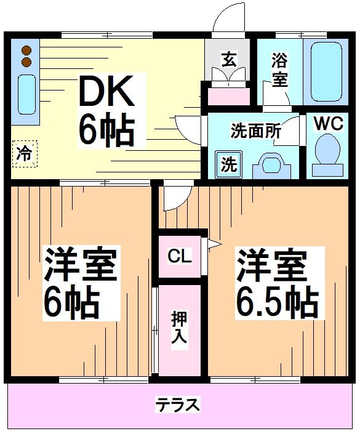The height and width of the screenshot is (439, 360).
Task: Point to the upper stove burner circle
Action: (26, 51)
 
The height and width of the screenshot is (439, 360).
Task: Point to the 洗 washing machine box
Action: (228, 164)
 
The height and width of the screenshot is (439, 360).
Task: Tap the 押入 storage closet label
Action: (180, 328)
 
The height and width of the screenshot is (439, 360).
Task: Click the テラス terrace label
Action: (177, 405)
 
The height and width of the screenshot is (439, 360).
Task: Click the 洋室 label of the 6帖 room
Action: (79, 265)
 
